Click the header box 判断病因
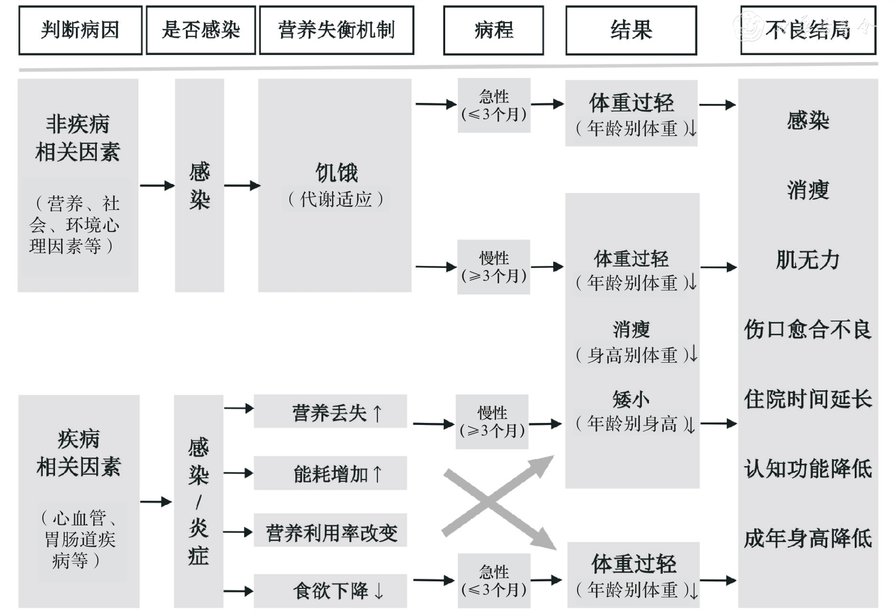tap(80, 30)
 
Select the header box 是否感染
tap(201, 30)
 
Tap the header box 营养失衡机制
tap(336, 30)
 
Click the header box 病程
tap(493, 30)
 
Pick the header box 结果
tap(631, 30)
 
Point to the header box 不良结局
tap(808, 30)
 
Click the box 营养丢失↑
tap(330, 412)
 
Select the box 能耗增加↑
tap(330, 473)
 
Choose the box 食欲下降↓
tap(330, 591)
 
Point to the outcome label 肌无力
tap(808, 260)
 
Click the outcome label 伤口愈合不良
tap(808, 330)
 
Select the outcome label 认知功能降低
tap(808, 469)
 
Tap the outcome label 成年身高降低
tap(808, 539)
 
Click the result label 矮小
tap(631, 399)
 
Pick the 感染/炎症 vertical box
tap(199, 501)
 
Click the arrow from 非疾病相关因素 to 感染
tap(157, 185)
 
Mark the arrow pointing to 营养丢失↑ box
tap(238, 408)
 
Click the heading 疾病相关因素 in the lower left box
tap(78, 452)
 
